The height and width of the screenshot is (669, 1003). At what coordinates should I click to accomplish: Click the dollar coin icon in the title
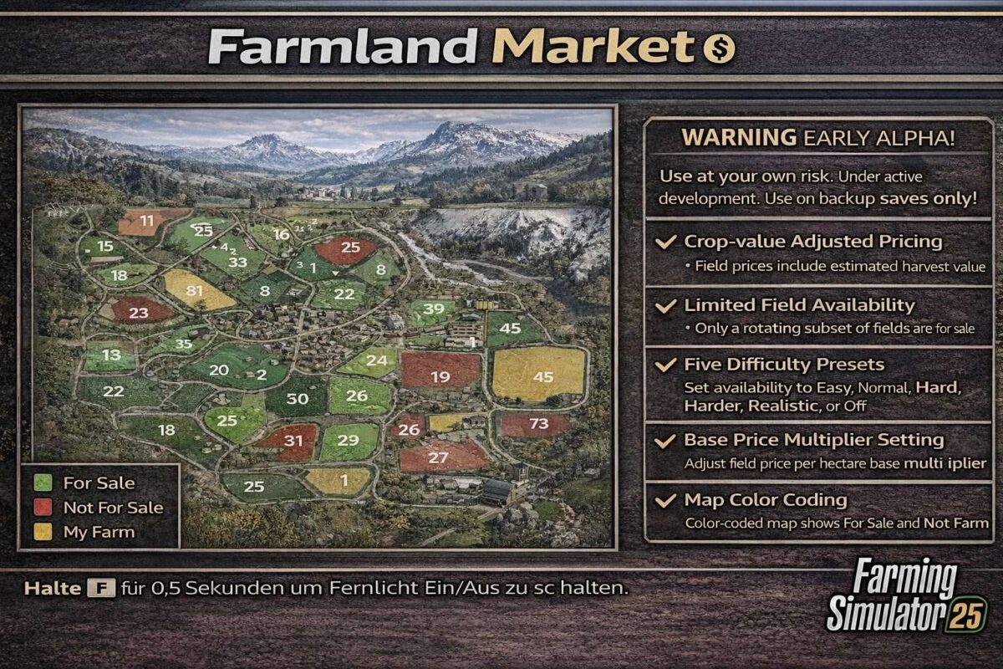pos(718,49)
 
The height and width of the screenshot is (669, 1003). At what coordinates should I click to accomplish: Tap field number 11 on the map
pos(147,222)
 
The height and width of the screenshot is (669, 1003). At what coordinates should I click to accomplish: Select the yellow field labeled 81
pos(196,290)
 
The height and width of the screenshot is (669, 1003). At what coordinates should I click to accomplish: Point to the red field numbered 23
pos(139,312)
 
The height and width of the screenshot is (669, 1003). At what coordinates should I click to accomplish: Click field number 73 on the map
pos(539,424)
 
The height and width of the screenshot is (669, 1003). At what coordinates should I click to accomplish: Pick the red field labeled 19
pos(440,376)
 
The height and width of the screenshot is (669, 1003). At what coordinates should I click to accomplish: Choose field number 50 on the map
pos(298,398)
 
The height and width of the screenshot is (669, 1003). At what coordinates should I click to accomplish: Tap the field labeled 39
pos(433,309)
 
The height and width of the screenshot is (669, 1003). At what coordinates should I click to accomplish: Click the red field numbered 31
pos(293,440)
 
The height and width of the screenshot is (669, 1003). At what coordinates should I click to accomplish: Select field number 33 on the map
pos(237,262)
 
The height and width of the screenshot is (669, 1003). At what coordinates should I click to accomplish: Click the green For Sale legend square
pos(43,483)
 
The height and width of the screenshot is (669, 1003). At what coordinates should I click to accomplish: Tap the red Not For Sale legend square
pos(43,508)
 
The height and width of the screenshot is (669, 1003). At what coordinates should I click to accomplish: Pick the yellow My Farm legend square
pos(43,532)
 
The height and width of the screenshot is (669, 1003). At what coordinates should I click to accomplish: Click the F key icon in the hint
pos(100,588)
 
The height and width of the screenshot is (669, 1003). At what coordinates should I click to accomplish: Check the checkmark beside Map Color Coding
pos(665,501)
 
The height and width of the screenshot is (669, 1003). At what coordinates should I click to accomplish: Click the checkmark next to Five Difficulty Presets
pos(665,365)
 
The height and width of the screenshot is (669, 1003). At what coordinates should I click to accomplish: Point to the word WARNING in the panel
pos(738,138)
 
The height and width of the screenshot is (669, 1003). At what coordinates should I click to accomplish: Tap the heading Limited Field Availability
pos(799,305)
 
